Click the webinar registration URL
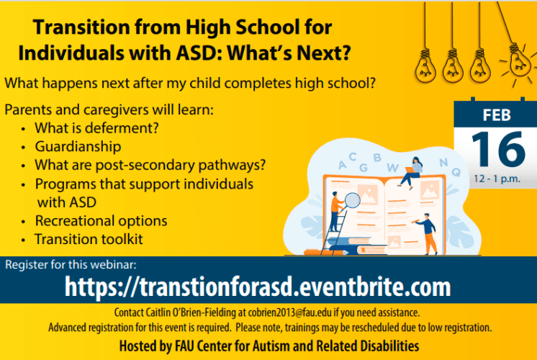point(258,287)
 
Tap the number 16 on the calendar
point(498,148)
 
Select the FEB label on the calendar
point(497,115)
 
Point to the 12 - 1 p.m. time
point(497,179)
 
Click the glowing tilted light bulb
point(520,62)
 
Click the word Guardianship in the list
point(78,147)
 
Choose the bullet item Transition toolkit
point(89,239)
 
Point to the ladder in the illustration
point(335,233)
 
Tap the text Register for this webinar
point(71,265)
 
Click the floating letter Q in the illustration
point(456,172)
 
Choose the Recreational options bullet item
point(101,221)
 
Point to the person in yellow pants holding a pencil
point(426,233)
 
